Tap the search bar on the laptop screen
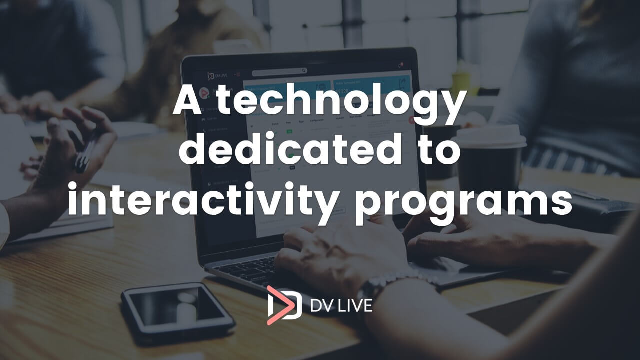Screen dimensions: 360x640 coord(279,72)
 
